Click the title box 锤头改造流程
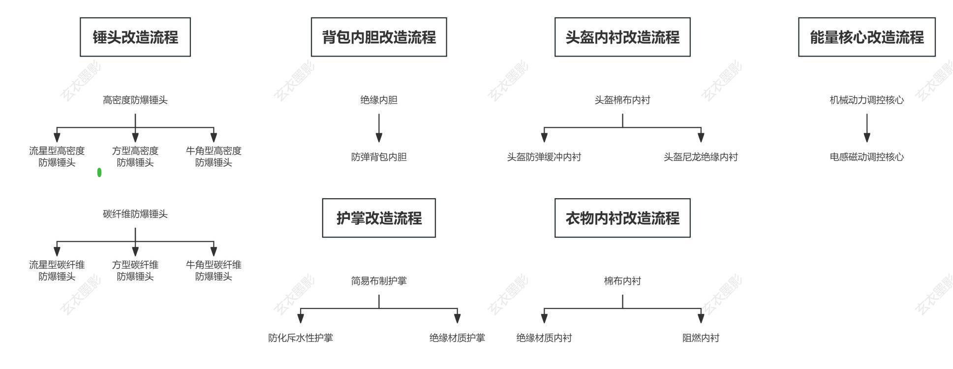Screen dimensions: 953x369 point(135,37)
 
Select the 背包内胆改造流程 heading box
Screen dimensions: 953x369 point(379,37)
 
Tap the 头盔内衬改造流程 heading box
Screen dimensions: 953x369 point(622,37)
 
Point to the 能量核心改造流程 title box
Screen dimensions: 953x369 point(866,37)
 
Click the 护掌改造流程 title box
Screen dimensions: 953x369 point(379,218)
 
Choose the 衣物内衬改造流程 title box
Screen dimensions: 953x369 point(622,218)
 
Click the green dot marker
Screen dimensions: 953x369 point(99,172)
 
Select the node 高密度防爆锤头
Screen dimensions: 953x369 point(135,100)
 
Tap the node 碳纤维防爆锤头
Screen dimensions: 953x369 point(135,214)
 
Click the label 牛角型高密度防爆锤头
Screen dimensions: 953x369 point(214,156)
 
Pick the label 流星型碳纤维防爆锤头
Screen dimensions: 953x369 point(57,271)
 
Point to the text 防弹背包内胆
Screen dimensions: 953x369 point(379,157)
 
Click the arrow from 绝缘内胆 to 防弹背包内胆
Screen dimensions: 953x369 point(379,128)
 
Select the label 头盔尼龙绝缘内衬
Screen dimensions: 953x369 point(701,157)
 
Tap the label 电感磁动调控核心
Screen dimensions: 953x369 point(866,157)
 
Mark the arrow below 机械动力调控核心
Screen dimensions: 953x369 point(866,128)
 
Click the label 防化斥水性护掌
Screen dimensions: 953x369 point(301,338)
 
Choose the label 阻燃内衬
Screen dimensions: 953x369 point(701,338)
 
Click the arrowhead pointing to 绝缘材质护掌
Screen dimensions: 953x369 point(457,319)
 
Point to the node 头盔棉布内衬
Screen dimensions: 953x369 point(622,100)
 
